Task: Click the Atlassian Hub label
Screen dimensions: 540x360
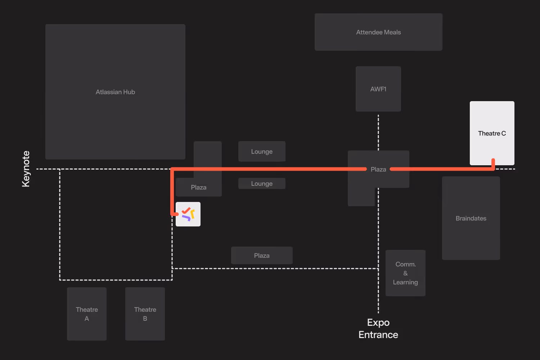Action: point(115,92)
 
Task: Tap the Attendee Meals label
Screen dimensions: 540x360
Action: point(378,32)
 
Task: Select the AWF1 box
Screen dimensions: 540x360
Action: point(378,89)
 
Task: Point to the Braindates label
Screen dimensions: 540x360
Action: point(471,219)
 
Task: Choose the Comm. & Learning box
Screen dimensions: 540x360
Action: point(405,273)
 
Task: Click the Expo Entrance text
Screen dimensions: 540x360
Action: point(378,329)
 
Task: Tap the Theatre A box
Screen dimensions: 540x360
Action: point(87,314)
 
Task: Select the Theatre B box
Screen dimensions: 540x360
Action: point(145,314)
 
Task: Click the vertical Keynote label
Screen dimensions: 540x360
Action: point(26,169)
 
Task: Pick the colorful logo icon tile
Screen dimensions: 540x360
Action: point(188,214)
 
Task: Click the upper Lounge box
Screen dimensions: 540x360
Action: point(262,152)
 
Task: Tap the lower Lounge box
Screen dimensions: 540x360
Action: point(262,184)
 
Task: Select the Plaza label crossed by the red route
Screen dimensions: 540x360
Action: point(378,169)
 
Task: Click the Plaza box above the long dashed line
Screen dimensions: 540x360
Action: point(262,256)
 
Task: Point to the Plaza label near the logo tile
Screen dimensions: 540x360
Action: point(199,188)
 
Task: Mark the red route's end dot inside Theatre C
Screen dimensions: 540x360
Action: point(493,161)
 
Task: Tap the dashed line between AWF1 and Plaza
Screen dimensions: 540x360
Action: point(378,131)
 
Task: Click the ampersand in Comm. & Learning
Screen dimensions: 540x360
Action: point(405,273)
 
